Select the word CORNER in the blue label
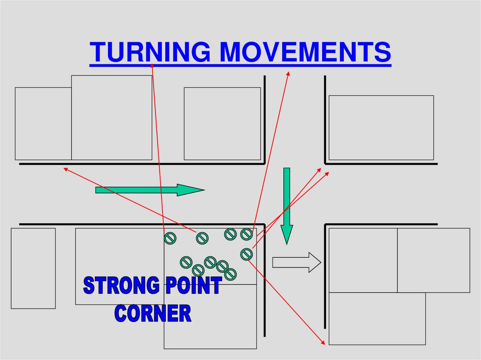coord(153,314)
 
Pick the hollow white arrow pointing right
coord(296,262)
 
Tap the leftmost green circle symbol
coord(170,238)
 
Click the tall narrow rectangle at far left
coord(33,268)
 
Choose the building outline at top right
coord(381,128)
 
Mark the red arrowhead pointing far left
coord(65,169)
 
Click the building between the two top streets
coord(222,123)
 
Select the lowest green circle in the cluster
coord(230,275)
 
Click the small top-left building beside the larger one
coord(43,123)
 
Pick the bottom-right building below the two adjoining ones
coord(377,319)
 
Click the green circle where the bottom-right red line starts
coord(246,254)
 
